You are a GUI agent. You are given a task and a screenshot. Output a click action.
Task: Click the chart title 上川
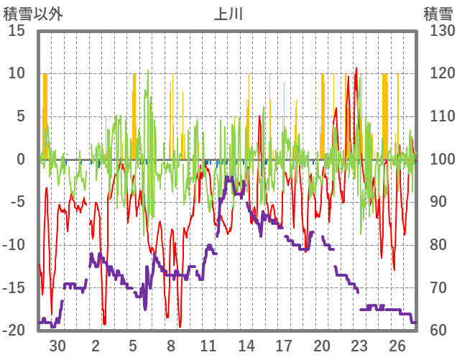pyautogui.click(x=228, y=13)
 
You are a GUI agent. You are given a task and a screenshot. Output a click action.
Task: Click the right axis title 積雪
pyautogui.click(x=437, y=13)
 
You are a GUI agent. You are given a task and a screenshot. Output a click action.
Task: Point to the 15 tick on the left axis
pyautogui.click(x=17, y=31)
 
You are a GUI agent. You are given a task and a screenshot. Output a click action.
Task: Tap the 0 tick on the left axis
pyautogui.click(x=20, y=160)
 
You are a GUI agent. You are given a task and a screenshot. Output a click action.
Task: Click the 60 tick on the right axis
pyautogui.click(x=435, y=331)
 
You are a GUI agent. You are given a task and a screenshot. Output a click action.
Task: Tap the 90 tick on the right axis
pyautogui.click(x=435, y=202)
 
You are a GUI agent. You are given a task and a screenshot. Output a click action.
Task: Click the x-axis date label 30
pyautogui.click(x=57, y=346)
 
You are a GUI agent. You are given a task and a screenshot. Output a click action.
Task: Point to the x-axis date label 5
pyautogui.click(x=133, y=346)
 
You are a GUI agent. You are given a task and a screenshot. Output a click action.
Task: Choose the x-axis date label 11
pyautogui.click(x=208, y=346)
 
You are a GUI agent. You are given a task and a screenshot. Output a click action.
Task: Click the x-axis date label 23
pyautogui.click(x=359, y=346)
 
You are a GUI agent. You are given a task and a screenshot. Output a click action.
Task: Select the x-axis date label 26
pyautogui.click(x=397, y=346)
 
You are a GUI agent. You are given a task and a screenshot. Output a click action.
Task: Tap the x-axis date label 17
pyautogui.click(x=284, y=346)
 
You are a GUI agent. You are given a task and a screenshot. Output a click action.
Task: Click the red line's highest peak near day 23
pyautogui.click(x=356, y=68)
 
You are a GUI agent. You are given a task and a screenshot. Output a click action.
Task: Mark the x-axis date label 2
pyautogui.click(x=96, y=346)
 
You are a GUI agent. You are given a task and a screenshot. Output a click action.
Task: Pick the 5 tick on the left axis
pyautogui.click(x=20, y=116)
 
